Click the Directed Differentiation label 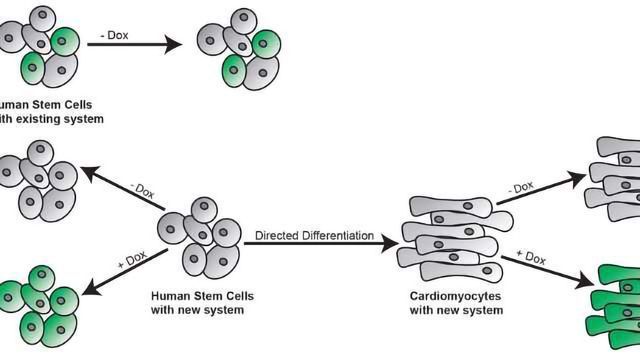(314, 236)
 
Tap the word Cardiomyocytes (456, 296)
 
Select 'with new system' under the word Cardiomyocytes (456, 311)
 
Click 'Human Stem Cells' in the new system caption (197, 296)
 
